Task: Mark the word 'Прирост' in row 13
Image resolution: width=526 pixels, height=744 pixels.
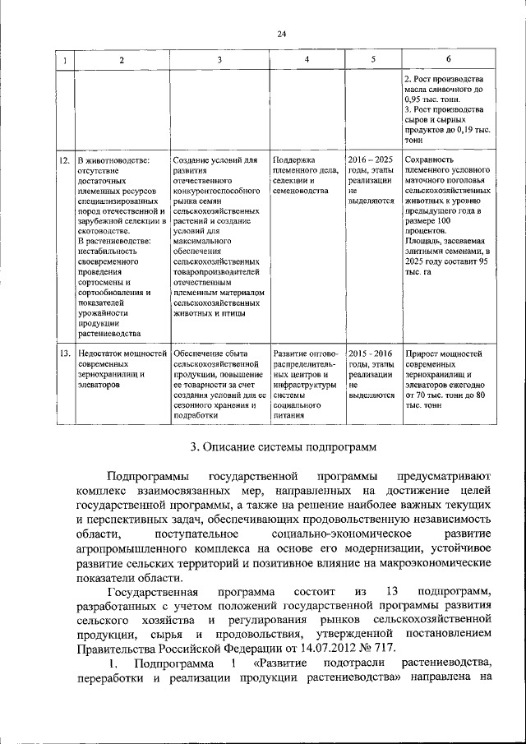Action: [x=421, y=354]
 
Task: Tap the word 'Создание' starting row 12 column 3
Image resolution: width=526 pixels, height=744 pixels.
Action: [x=191, y=159]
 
